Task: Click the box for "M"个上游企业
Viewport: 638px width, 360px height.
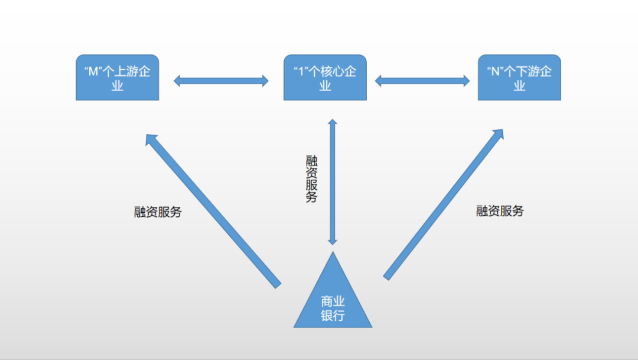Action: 118,77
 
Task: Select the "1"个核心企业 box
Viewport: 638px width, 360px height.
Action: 325,77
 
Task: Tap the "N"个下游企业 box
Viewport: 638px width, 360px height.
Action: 519,77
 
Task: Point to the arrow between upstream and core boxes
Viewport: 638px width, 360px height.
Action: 221,81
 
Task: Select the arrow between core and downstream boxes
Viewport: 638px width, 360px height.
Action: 422,80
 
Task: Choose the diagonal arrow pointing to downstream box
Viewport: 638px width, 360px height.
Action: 444,204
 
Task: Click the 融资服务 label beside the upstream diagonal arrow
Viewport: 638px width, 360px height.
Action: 158,212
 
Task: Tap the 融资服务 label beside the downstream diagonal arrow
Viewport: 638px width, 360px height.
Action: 500,211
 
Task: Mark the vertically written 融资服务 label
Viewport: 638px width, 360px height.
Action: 311,179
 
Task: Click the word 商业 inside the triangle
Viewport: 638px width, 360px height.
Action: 333,301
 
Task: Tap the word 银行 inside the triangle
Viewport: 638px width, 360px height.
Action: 333,316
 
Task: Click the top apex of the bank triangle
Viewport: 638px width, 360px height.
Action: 333,254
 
